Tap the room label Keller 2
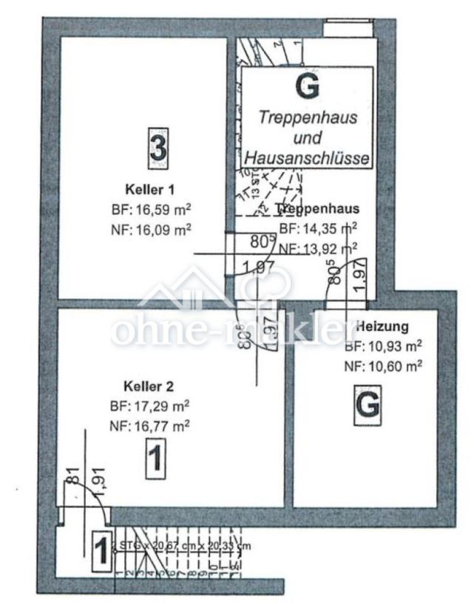149,386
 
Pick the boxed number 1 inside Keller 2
155,458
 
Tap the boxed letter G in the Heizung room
367,405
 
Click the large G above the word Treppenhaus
308,87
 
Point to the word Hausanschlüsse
307,157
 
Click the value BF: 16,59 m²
151,209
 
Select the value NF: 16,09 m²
151,229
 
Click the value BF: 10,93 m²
383,346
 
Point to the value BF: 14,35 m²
318,228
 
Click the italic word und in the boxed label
308,137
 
